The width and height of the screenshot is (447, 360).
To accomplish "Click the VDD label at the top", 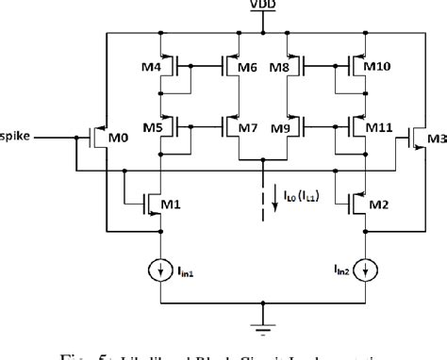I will coord(258,8).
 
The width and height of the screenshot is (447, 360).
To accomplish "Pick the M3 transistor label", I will coord(436,140).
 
